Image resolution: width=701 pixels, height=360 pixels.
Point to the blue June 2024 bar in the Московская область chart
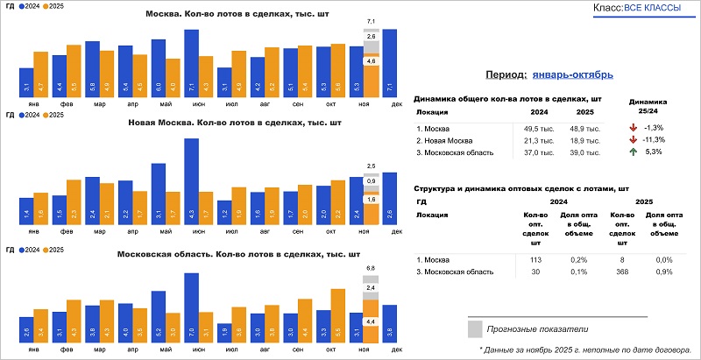[191, 307]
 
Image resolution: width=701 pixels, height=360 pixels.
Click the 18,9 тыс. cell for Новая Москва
[584, 140]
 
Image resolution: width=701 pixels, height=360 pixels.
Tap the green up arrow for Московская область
[632, 152]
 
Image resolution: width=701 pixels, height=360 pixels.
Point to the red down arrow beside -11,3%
[632, 140]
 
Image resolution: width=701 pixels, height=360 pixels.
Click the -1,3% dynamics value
[653, 129]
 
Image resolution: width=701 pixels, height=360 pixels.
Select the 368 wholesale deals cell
[623, 272]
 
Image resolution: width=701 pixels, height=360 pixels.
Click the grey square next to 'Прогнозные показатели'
[475, 328]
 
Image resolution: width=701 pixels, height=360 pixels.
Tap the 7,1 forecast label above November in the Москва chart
[371, 21]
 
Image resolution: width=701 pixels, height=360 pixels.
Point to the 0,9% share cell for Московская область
[662, 272]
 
